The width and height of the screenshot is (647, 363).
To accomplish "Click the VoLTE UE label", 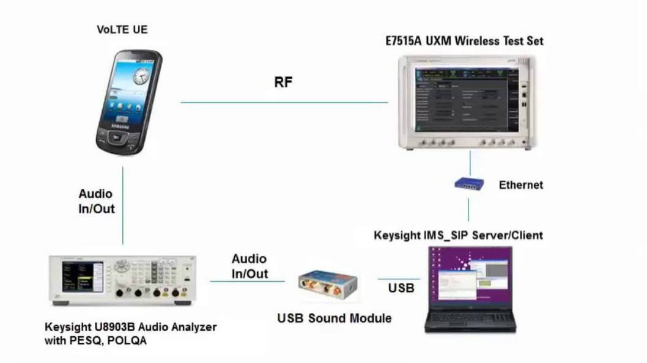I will coord(122,29).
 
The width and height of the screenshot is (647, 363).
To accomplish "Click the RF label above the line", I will coord(283,82).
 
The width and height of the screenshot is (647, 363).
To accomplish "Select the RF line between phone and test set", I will coord(284,103).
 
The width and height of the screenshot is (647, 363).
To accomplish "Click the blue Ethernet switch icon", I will coord(470,183).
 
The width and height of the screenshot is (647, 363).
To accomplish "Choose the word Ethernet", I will coord(521,185).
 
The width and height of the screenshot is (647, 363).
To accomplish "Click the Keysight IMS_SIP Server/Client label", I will coord(458,235).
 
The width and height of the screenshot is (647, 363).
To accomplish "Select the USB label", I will coord(401,287).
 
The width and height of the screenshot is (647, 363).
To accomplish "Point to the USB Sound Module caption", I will coord(334,318).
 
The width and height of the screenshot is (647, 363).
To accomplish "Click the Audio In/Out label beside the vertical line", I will coord(96,201).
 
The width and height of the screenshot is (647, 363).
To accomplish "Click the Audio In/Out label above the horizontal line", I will coord(250,266).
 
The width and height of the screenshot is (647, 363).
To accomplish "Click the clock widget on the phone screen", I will coord(141,76).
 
